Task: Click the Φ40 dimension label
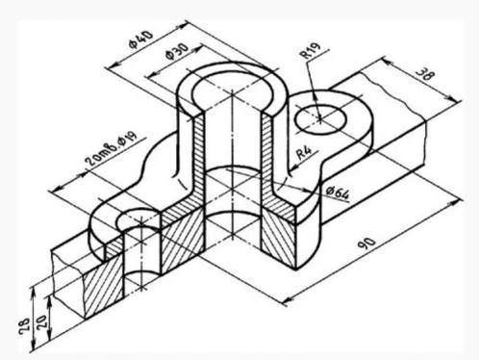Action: [x=141, y=39]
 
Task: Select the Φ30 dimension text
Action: [x=177, y=51]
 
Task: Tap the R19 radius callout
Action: [x=311, y=50]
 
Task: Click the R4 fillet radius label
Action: [x=304, y=153]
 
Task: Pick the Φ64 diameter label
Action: [x=338, y=193]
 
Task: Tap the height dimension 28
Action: [x=25, y=326]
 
